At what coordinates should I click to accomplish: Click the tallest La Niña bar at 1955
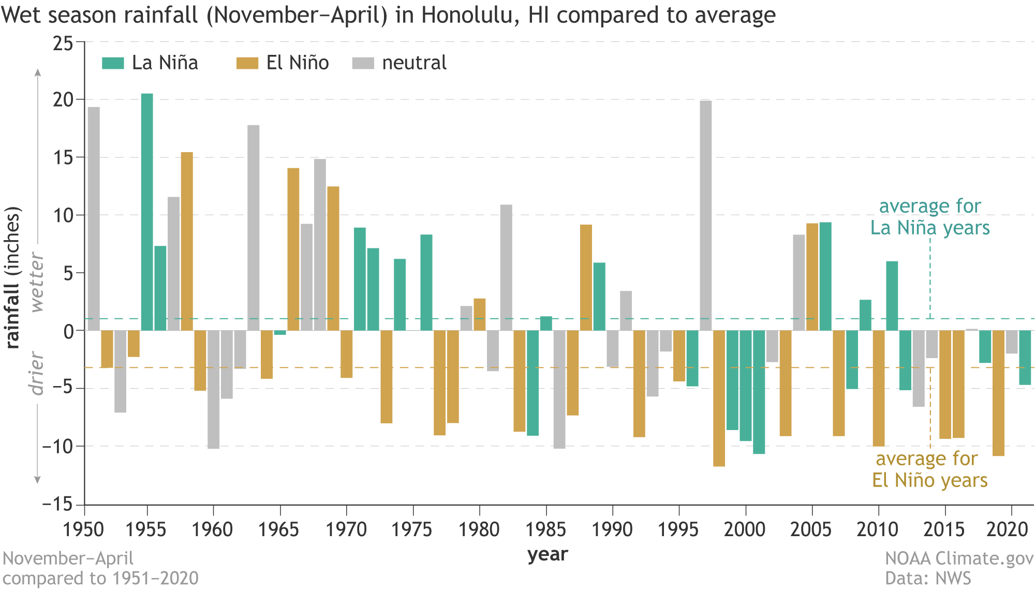[x=147, y=212]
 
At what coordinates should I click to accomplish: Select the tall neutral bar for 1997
[x=705, y=215]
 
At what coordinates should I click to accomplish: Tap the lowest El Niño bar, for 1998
[x=719, y=398]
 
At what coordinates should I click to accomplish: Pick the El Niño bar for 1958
[x=187, y=241]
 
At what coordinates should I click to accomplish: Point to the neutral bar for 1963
[x=253, y=228]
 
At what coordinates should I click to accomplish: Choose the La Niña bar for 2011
[x=892, y=296]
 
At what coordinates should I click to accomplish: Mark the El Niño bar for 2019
[x=998, y=393]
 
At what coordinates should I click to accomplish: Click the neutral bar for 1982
[x=506, y=268]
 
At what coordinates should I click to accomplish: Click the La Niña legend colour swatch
[x=113, y=63]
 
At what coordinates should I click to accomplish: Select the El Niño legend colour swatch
[x=247, y=63]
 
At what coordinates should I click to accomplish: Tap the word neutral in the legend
[x=414, y=63]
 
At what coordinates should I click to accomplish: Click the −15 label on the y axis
[x=57, y=504]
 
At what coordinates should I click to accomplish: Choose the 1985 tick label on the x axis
[x=545, y=529]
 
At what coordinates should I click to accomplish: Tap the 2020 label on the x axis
[x=1007, y=529]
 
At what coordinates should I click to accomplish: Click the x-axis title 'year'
[x=548, y=555]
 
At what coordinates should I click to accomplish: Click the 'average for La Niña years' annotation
[x=930, y=217]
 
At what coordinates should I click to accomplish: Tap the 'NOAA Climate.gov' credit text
[x=959, y=558]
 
